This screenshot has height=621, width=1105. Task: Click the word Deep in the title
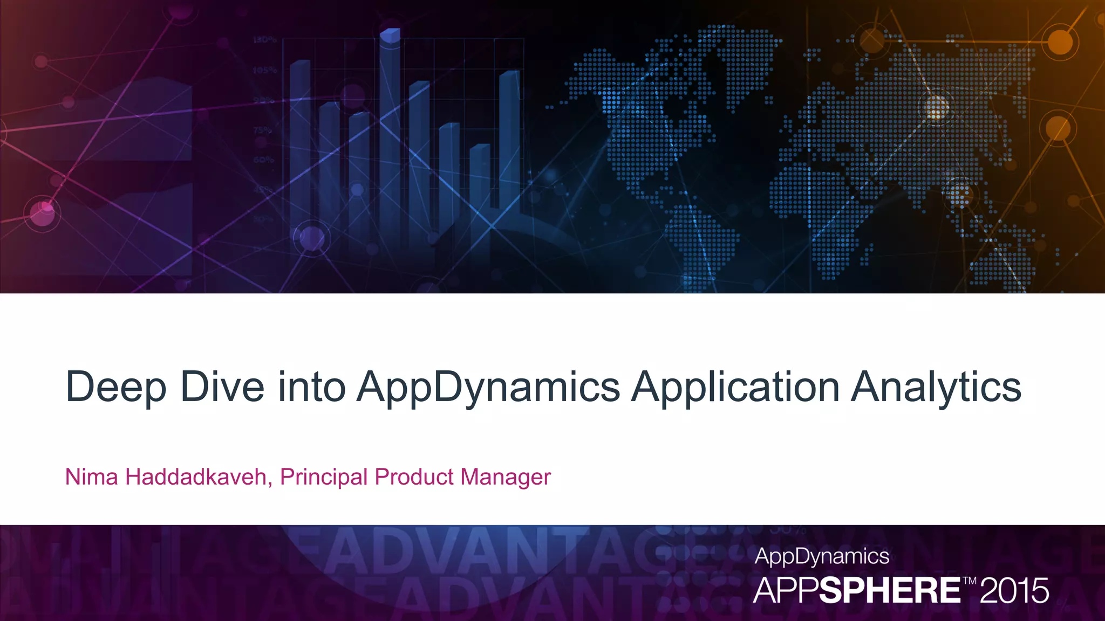[x=115, y=387]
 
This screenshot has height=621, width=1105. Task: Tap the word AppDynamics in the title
[x=488, y=387]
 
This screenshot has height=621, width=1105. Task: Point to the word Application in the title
[x=735, y=387]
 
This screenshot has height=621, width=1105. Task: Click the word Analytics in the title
[x=936, y=387]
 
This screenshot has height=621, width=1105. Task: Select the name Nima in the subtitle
[x=91, y=477]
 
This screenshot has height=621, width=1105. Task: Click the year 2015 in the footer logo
[x=1014, y=591]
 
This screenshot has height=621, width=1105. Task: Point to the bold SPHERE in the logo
[x=890, y=591]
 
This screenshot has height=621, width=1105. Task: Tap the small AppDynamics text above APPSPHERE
[x=822, y=556]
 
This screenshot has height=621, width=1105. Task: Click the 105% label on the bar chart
[x=264, y=70]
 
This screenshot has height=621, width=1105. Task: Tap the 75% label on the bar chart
[x=263, y=130]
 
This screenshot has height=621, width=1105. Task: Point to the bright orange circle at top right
[x=1060, y=42]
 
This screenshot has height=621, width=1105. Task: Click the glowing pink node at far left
[x=43, y=211]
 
